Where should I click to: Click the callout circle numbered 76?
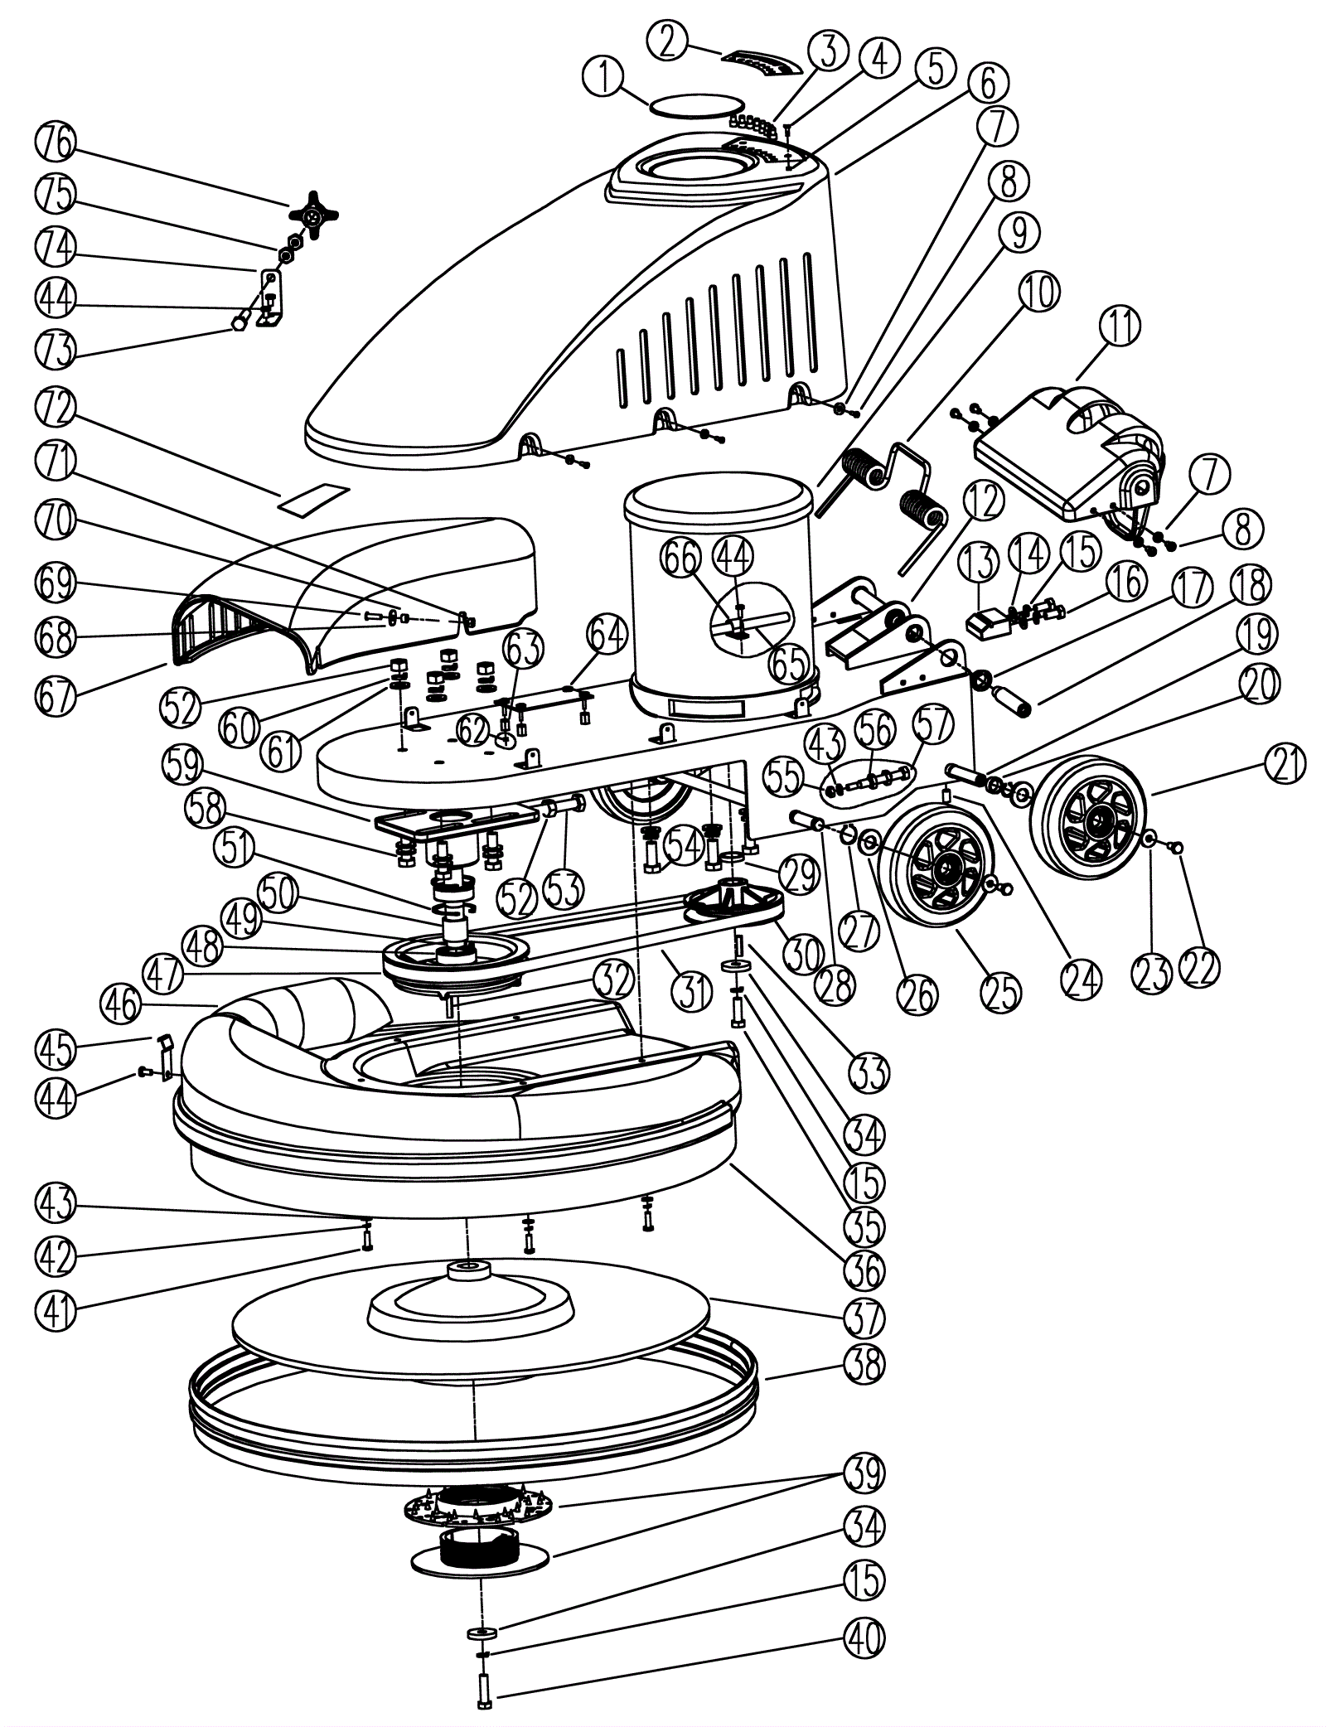[56, 146]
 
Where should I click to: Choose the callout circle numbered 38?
[864, 1363]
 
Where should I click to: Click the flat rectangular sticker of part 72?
[313, 496]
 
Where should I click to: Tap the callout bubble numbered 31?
[693, 989]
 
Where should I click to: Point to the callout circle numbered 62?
[473, 731]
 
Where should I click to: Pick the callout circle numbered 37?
[864, 1318]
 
